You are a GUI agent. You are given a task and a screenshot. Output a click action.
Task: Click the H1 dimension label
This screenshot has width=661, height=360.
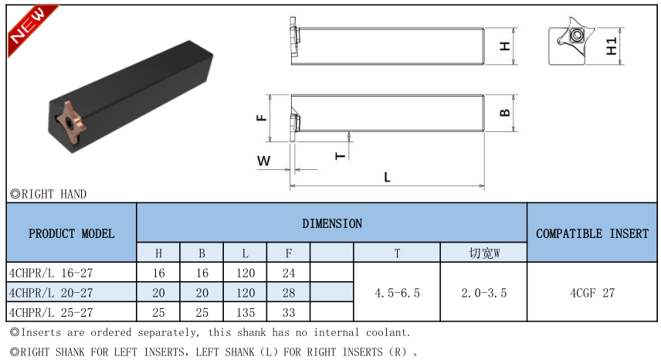click(x=612, y=46)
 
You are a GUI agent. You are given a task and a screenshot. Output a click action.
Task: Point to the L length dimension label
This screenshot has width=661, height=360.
click(x=387, y=177)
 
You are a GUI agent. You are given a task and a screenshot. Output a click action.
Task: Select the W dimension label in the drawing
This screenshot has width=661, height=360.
click(x=263, y=161)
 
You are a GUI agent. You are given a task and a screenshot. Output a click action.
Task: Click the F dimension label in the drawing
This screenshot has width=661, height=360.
click(x=261, y=117)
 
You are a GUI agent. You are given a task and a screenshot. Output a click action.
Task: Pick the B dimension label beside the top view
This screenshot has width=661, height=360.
click(x=504, y=113)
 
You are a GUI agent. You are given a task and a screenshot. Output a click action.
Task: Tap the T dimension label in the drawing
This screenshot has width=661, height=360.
click(x=341, y=156)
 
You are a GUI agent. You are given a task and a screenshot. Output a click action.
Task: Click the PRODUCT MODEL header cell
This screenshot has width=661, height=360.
click(x=71, y=233)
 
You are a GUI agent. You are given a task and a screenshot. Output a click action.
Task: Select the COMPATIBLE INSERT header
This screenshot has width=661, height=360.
click(x=592, y=233)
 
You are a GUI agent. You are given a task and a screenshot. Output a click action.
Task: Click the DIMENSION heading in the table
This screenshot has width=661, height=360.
click(x=332, y=223)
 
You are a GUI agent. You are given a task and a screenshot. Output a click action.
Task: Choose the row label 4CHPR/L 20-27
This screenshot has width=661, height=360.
click(x=51, y=293)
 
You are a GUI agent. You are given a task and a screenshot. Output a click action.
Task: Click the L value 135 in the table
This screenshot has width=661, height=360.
click(x=246, y=312)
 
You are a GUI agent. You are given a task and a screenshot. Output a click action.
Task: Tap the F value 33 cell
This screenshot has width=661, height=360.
click(x=289, y=312)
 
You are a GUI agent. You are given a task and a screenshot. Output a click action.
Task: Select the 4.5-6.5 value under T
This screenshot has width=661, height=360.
click(x=397, y=293)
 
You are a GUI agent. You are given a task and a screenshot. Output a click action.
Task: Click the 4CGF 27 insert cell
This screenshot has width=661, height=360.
click(x=592, y=292)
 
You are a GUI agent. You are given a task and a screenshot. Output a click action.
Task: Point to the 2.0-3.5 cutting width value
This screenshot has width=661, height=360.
click(x=484, y=293)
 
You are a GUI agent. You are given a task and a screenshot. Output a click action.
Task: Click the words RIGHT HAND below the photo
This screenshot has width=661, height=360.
click(x=54, y=194)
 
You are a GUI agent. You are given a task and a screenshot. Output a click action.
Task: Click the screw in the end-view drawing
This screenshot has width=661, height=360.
click(x=577, y=35)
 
